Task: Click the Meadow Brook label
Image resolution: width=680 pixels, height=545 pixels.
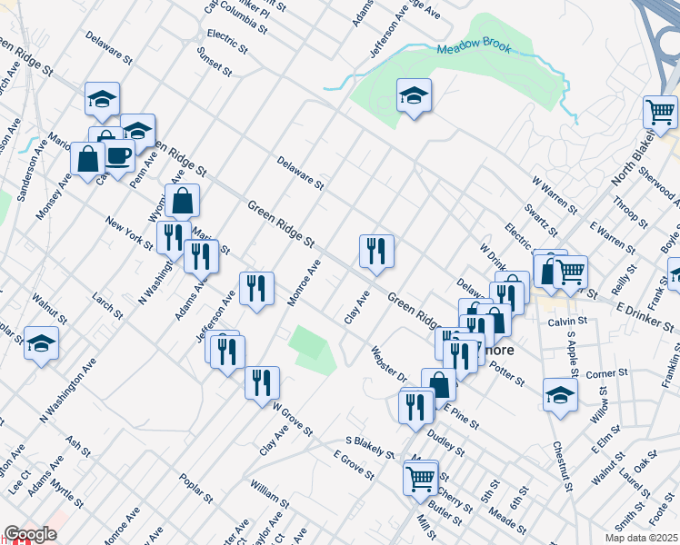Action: pos(474,48)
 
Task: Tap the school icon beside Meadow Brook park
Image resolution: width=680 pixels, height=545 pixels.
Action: pos(414,95)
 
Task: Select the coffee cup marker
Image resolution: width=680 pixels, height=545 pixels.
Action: pos(118,154)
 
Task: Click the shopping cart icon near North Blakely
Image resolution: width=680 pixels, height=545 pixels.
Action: pos(661,113)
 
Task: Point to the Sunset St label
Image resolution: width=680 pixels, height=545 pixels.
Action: pos(215,60)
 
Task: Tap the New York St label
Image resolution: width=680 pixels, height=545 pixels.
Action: pos(129,233)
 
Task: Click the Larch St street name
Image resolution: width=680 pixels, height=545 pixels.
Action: pos(108,304)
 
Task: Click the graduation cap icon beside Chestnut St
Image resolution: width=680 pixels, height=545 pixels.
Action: pos(560,395)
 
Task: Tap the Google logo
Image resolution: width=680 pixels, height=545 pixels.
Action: pos(30,534)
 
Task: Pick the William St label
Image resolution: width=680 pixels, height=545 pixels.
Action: pos(270,495)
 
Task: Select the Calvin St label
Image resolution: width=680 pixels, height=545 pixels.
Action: pos(564,322)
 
